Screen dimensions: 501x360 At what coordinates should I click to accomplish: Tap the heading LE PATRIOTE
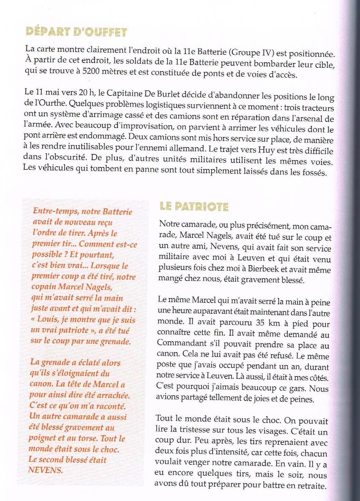[x=194, y=206]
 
